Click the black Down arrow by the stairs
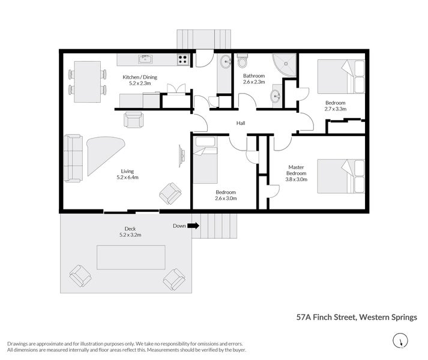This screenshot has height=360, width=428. [x=193, y=226]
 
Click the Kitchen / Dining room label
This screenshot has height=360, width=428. [x=140, y=80]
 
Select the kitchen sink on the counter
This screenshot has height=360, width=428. [x=144, y=59]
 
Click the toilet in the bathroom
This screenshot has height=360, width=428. [x=243, y=61]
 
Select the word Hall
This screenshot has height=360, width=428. [x=241, y=123]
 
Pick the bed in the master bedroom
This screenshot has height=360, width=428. [x=340, y=176]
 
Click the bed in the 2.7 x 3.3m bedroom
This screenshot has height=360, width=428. [x=340, y=76]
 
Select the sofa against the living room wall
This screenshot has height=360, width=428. [x=73, y=158]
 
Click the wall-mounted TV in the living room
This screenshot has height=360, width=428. [x=182, y=157]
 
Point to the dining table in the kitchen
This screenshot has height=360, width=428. [x=88, y=82]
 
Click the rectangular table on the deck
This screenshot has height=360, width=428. [x=131, y=257]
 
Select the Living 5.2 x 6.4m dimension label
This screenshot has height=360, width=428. [x=128, y=174]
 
